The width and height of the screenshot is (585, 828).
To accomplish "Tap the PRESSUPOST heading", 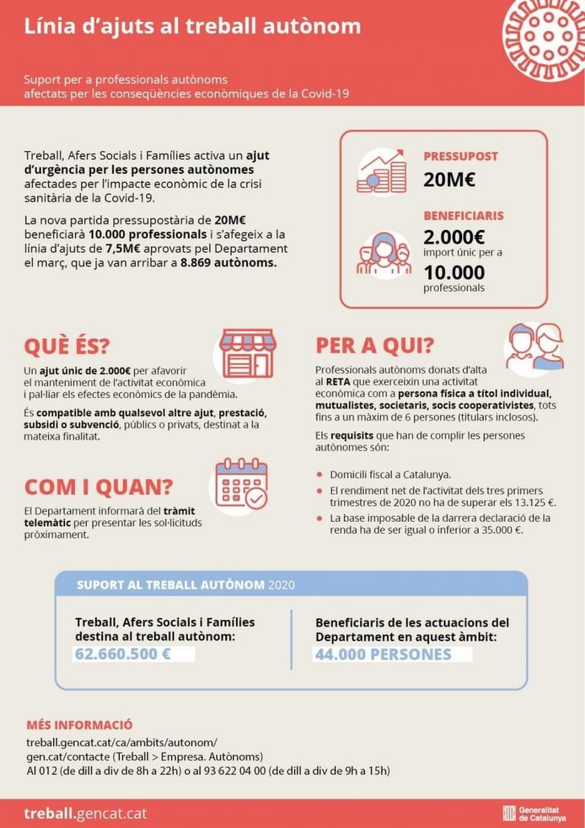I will pyautogui.click(x=460, y=157).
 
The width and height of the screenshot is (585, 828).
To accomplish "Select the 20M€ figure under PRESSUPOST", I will pyautogui.click(x=449, y=179).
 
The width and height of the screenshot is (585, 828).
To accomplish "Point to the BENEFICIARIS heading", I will pyautogui.click(x=464, y=215).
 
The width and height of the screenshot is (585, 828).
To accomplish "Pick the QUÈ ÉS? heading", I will pyautogui.click(x=67, y=346).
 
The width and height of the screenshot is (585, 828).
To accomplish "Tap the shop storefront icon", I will pyautogui.click(x=247, y=352).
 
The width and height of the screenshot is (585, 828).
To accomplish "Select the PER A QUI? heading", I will pyautogui.click(x=374, y=345).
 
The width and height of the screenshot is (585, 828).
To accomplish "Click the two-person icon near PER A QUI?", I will pyautogui.click(x=533, y=346).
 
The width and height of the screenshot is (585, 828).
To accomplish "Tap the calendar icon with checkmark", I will pyautogui.click(x=241, y=487).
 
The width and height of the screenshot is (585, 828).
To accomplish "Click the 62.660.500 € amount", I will pyautogui.click(x=123, y=654).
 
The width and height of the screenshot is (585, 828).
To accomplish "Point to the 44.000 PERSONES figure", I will pyautogui.click(x=382, y=654).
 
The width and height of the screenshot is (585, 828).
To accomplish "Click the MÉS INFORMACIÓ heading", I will pyautogui.click(x=80, y=724).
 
